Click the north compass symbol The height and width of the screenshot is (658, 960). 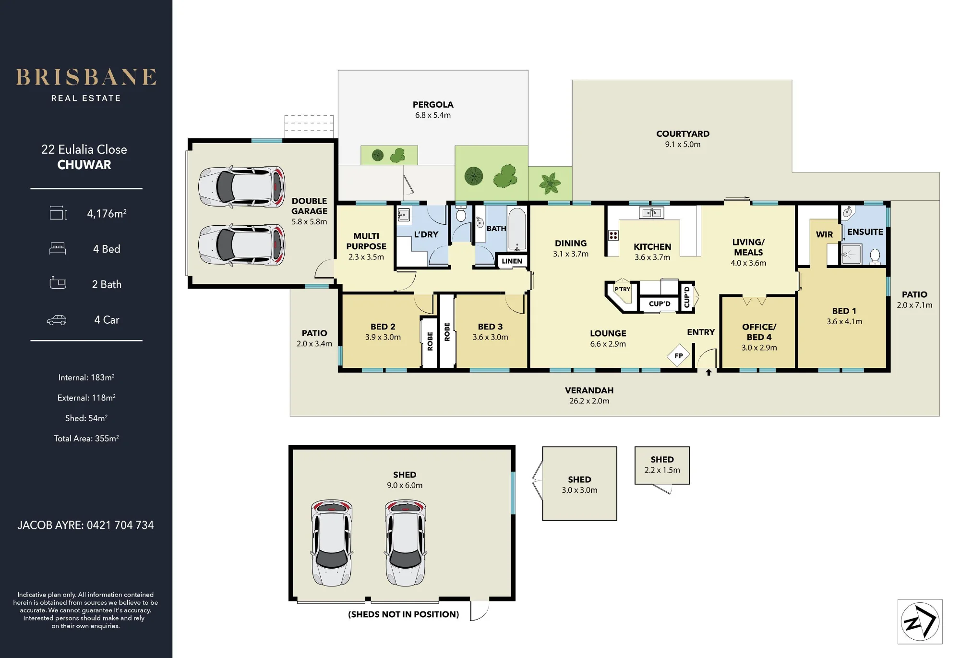click(x=920, y=621)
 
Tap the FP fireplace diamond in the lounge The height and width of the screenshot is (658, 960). click(x=678, y=356)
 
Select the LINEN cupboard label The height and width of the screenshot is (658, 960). click(x=512, y=261)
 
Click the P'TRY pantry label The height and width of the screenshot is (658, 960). click(x=623, y=289)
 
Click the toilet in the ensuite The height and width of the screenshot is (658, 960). click(x=875, y=256)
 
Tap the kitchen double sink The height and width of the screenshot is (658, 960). click(x=651, y=213)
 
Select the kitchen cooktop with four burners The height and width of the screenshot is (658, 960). click(x=613, y=235)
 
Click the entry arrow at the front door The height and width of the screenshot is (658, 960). click(x=708, y=372)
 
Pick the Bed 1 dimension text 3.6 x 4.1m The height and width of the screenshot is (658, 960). click(x=844, y=322)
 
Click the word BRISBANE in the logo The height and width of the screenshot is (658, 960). click(x=86, y=77)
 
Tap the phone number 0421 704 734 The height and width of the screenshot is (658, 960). click(x=120, y=525)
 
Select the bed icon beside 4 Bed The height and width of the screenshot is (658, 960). click(x=58, y=248)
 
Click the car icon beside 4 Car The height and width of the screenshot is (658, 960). click(x=57, y=320)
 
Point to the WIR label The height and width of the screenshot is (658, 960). click(x=824, y=234)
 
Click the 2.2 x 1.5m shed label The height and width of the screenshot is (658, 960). click(x=662, y=470)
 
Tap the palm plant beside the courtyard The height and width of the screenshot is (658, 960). click(x=550, y=183)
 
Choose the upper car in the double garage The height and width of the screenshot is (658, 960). click(x=242, y=187)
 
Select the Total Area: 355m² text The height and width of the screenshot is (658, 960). click(x=86, y=439)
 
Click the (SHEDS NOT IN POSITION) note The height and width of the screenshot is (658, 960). click(x=404, y=614)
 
